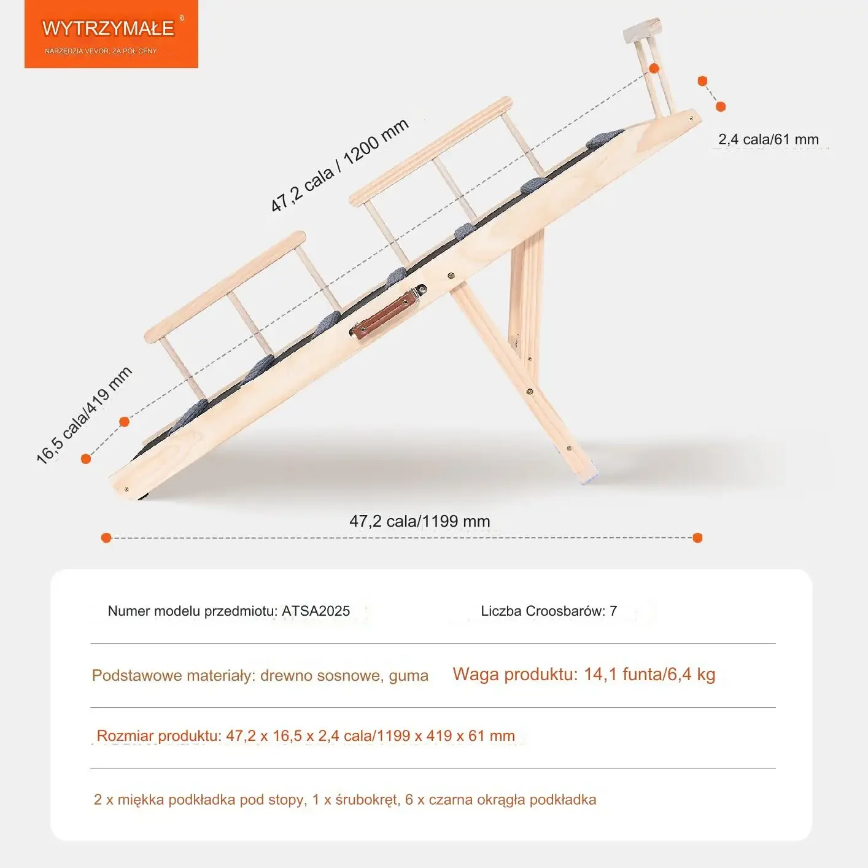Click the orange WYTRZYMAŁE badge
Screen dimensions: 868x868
tap(111, 34)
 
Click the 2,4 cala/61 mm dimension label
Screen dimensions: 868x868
tap(769, 139)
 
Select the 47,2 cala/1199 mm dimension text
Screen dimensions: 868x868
tap(419, 521)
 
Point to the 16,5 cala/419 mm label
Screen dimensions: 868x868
tap(84, 416)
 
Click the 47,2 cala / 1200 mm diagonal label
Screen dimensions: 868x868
tap(339, 165)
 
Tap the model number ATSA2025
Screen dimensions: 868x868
tap(316, 611)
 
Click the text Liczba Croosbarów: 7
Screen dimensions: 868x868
tap(549, 611)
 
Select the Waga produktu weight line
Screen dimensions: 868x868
tap(584, 674)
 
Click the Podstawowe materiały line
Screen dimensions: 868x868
tap(260, 675)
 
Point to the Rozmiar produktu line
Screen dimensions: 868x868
tap(306, 735)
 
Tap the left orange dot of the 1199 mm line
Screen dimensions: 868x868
tap(106, 538)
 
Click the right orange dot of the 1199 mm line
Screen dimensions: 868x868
tap(698, 538)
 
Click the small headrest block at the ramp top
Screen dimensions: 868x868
tap(642, 30)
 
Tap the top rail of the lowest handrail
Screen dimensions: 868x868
tap(225, 287)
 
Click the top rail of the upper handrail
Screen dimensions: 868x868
tap(430, 152)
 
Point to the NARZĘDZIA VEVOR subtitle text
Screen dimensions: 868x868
tap(101, 52)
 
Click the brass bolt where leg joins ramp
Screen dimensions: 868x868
tap(451, 276)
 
